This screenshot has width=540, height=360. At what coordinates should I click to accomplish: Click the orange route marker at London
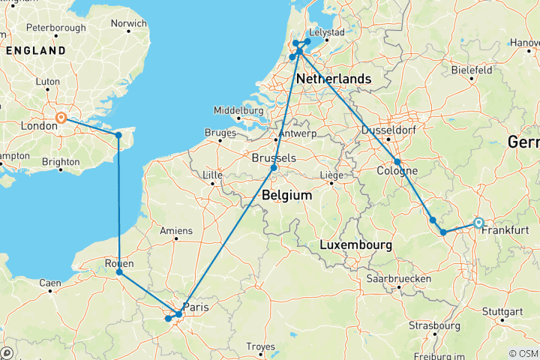coord(61,117)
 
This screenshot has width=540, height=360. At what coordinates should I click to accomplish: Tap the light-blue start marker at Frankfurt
coord(478,222)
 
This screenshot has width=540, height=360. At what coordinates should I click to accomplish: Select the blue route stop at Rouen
coord(120,272)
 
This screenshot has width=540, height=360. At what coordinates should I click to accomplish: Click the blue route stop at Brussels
coord(274,168)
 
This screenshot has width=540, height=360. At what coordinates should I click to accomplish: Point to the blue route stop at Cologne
coord(397,161)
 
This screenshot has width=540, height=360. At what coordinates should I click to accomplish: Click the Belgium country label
coord(286,194)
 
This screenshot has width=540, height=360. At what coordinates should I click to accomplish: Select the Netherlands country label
coord(334,79)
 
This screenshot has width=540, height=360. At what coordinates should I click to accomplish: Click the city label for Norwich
coord(128,23)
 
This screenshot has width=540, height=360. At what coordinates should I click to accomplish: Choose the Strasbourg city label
coord(434,325)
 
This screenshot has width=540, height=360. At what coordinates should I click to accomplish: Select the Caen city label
coord(49,283)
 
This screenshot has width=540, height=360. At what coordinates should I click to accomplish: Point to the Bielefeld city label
coord(471,69)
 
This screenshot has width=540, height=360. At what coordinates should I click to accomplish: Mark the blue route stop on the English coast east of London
coord(118,135)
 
